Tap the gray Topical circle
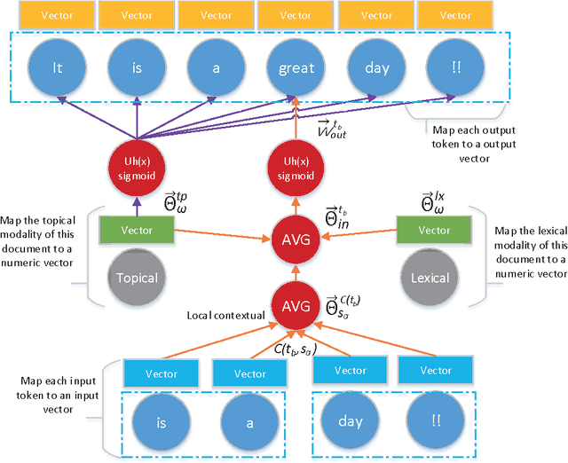138,278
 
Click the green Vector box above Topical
138,230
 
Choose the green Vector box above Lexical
435,230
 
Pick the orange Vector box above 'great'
296,15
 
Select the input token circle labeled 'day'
351,422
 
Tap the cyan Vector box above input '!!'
435,372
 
